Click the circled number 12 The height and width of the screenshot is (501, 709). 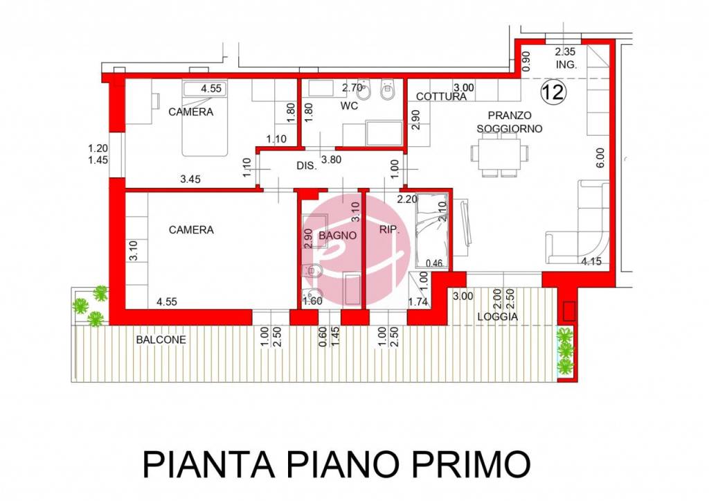click(552, 92)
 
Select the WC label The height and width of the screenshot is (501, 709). click(348, 106)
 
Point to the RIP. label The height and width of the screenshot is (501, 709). click(390, 229)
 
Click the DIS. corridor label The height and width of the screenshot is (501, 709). click(306, 166)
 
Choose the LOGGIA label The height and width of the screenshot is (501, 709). click(497, 317)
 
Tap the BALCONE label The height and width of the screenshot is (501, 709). click(161, 340)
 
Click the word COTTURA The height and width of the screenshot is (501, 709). click(442, 97)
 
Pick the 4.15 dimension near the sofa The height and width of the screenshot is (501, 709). click(593, 261)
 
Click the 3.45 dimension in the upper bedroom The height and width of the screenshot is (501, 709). click(190, 179)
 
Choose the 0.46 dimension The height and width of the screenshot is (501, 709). click(434, 263)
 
